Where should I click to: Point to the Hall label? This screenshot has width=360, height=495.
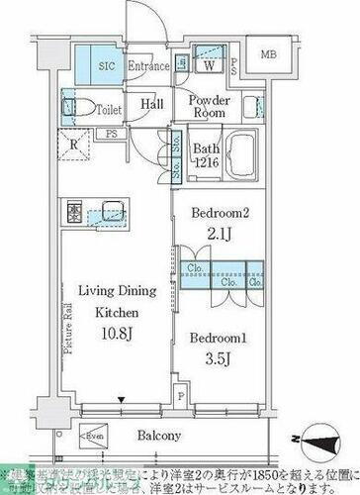coord(152,103)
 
